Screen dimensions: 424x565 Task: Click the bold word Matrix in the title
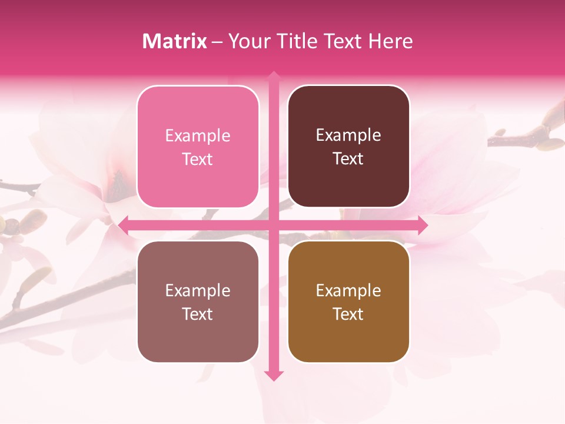tap(175, 41)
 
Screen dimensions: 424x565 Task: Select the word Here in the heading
tap(390, 41)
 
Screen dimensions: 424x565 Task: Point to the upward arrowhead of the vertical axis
tap(274, 75)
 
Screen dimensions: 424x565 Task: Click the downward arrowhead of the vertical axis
tap(274, 376)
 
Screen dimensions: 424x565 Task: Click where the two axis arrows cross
tap(274, 225)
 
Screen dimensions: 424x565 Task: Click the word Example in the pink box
tap(198, 136)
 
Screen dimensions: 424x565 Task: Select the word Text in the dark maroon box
tap(348, 159)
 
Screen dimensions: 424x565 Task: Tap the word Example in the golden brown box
tap(348, 290)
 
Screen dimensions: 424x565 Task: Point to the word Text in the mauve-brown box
tap(198, 314)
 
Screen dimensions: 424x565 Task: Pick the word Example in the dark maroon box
tap(348, 135)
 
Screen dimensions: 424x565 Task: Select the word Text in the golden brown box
tap(348, 314)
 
